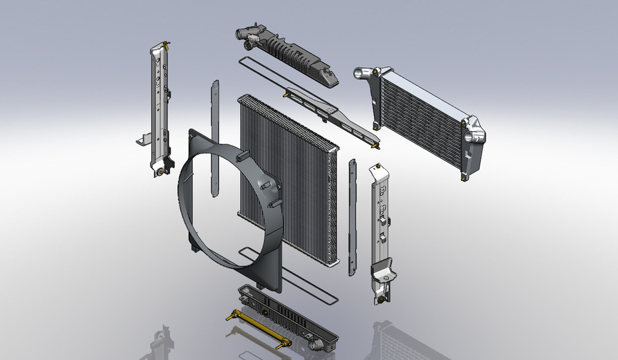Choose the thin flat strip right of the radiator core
pyautogui.click(x=351, y=216)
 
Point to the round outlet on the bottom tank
pyautogui.click(x=314, y=346)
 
